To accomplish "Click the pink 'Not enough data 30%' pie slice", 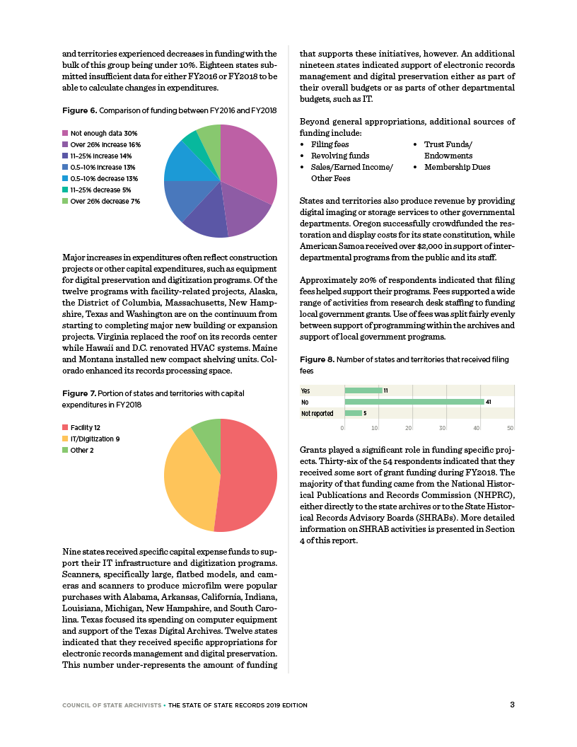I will coord(247,163).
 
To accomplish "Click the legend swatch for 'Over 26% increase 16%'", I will coord(65,144).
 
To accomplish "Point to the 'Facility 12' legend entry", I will coord(81,428).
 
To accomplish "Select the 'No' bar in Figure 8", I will coord(414,402).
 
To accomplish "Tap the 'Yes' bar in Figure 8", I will coord(363,390).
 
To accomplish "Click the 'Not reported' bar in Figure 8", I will coord(353,413).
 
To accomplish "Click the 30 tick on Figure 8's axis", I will coord(443,427).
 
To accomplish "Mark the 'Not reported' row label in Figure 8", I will coord(317,413).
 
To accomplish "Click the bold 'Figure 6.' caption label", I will coord(79,111).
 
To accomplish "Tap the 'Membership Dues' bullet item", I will coord(457,167).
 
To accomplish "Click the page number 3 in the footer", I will coord(512,704).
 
